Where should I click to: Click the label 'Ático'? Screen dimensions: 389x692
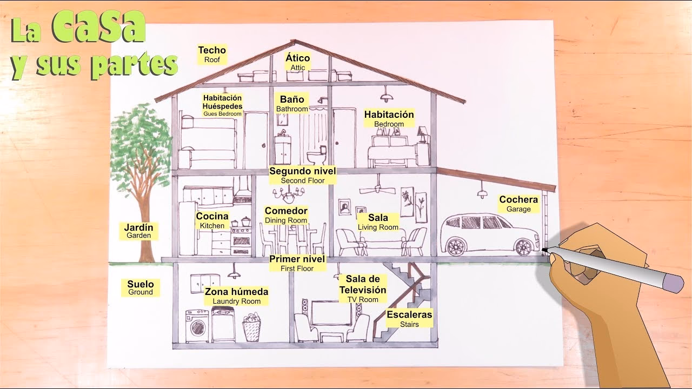coord(297,58)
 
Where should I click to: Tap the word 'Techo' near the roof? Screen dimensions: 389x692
coord(212,51)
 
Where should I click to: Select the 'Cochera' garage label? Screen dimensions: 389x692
coord(518,200)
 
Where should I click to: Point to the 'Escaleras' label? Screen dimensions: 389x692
coord(409,314)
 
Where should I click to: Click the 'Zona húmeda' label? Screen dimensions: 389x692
coord(236,292)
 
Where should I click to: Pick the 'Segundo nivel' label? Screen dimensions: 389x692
coord(303,171)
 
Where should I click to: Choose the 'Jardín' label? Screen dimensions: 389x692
coord(138,228)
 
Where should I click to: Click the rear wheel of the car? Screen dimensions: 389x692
coord(456,247)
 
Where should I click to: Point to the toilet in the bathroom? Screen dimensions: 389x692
coord(314,157)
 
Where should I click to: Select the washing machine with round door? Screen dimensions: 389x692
coord(197,326)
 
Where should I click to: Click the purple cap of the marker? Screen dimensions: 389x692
coord(672,283)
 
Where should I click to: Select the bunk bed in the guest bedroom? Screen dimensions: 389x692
coord(208,142)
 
